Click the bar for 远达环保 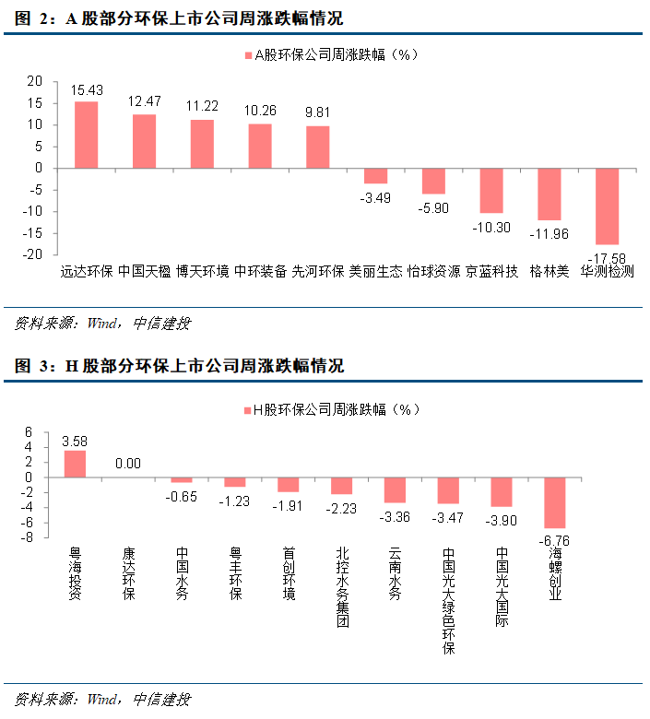coord(87,135)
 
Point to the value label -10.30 coord(490,227)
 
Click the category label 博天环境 coord(202,272)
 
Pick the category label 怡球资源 coord(432,272)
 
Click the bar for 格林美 coord(550,194)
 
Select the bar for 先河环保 coord(317,147)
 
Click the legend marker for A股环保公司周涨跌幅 coord(247,56)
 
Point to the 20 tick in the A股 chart coord(34,82)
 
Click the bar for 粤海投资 coord(75,464)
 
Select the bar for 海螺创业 coord(554,502)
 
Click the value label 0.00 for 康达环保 coord(127,464)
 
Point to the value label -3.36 coord(395,517)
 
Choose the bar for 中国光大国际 coord(502,492)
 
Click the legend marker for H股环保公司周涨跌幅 coord(246,410)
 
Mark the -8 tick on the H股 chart coord(28,538)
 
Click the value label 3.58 coord(75,441)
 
